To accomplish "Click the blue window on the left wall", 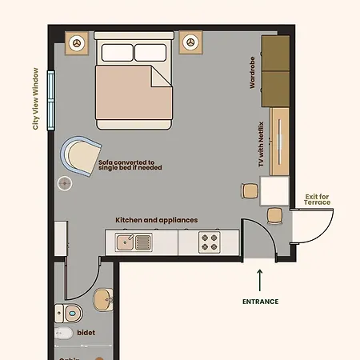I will [x=51, y=99].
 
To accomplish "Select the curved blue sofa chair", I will [x=81, y=155].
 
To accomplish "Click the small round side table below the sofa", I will [x=65, y=183].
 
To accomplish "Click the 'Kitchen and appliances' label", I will [x=156, y=220].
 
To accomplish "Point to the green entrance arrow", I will [x=260, y=280].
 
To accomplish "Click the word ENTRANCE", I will [x=260, y=302].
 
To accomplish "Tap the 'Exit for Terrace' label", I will [x=318, y=199].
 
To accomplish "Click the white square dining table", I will [x=274, y=190].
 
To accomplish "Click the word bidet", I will [x=86, y=332].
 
